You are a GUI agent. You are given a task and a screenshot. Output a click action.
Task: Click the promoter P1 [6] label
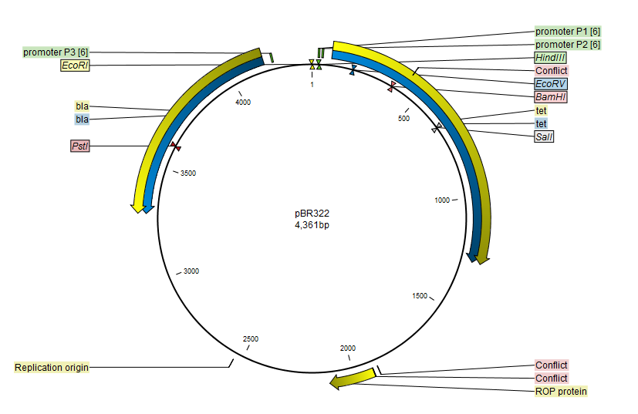(x=568, y=32)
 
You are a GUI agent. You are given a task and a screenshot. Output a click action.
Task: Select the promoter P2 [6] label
(x=568, y=44)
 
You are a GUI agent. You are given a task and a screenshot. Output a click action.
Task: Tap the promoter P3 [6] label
(x=56, y=52)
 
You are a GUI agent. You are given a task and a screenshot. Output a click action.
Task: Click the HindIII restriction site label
(x=551, y=57)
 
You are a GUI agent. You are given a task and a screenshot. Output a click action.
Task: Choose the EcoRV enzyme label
(x=551, y=84)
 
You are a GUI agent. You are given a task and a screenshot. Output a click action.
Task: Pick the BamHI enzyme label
(x=551, y=97)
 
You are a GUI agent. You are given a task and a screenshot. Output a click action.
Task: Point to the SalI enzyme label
(x=544, y=136)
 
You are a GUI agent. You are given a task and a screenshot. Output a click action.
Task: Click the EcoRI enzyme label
(x=76, y=65)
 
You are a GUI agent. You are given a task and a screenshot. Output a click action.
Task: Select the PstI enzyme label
(x=80, y=146)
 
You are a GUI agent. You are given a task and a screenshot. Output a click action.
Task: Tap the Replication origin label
(x=51, y=367)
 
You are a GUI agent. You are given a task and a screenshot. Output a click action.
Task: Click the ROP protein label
(x=561, y=391)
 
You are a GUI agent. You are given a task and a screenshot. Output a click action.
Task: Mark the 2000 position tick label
(x=348, y=348)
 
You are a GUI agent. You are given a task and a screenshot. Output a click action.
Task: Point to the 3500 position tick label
(x=188, y=173)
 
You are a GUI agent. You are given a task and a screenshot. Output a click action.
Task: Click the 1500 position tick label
(x=420, y=295)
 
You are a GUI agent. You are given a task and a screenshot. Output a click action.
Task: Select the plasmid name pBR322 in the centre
(x=312, y=214)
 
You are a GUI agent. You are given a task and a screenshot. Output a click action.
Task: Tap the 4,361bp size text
(x=312, y=225)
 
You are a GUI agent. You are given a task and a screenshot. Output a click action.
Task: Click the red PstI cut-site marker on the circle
(x=175, y=146)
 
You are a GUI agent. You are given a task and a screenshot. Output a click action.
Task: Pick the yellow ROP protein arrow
(x=353, y=379)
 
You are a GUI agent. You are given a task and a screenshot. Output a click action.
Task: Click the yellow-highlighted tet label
(x=541, y=110)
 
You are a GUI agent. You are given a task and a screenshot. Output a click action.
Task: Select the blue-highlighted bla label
(x=83, y=119)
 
